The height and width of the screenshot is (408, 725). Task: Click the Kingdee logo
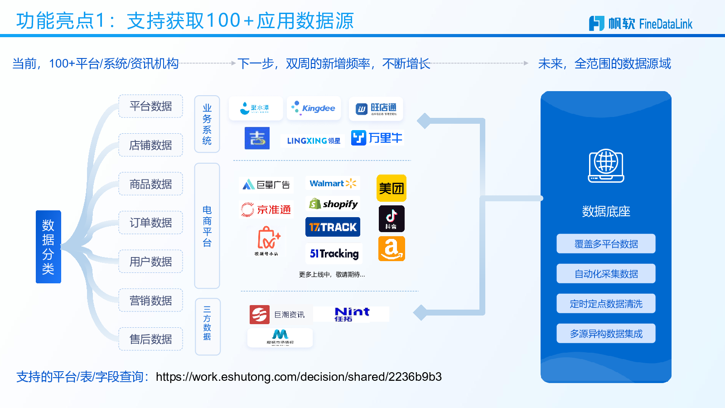pos(314,108)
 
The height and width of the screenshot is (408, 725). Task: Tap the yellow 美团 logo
pos(391,188)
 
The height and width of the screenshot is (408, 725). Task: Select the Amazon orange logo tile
pos(391,249)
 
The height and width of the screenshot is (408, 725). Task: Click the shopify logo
pos(333,204)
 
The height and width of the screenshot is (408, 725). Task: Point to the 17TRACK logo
pos(333,227)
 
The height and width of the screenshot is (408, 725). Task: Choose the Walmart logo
pos(333,184)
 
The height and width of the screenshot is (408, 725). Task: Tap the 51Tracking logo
pos(334,253)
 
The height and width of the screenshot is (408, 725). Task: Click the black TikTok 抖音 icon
pos(391,219)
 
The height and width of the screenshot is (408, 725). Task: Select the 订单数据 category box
pos(150,223)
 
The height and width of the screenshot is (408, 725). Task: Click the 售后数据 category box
pos(150,339)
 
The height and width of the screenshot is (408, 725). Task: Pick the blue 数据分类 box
pos(48,247)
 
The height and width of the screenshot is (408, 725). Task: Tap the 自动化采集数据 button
pos(606,274)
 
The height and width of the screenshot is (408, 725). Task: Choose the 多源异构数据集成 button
pos(606,334)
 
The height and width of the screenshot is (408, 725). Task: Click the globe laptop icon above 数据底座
pos(606,166)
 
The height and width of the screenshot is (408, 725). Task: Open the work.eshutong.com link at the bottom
pos(299,377)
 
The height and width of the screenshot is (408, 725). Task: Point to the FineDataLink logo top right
pos(641,24)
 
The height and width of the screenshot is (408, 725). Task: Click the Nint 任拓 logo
pos(352,314)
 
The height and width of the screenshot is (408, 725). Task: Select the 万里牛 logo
pos(377,138)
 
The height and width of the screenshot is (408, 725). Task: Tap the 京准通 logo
pos(266,209)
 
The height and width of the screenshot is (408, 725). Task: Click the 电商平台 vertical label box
pos(207,226)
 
